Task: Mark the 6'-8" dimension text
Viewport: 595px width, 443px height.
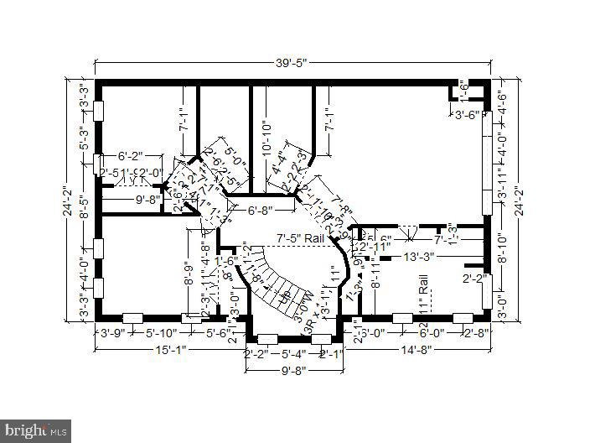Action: point(261,210)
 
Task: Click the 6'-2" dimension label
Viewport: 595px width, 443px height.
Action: point(131,156)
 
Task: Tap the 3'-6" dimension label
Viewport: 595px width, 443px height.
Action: point(468,116)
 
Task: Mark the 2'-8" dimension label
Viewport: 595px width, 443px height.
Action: point(475,333)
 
